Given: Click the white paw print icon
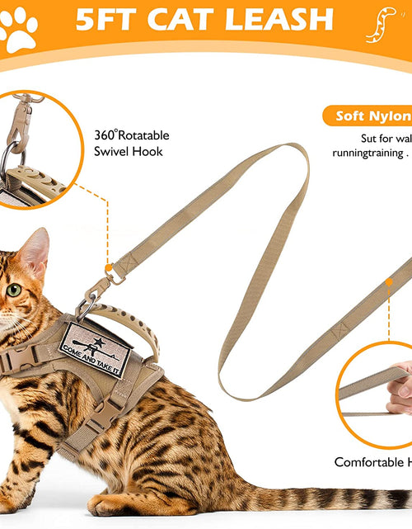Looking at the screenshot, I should click(x=18, y=29).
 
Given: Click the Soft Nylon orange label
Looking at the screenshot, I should click(x=372, y=116).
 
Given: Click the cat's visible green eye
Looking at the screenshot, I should click(x=14, y=290).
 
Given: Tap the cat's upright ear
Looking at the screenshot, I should click(x=35, y=252).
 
